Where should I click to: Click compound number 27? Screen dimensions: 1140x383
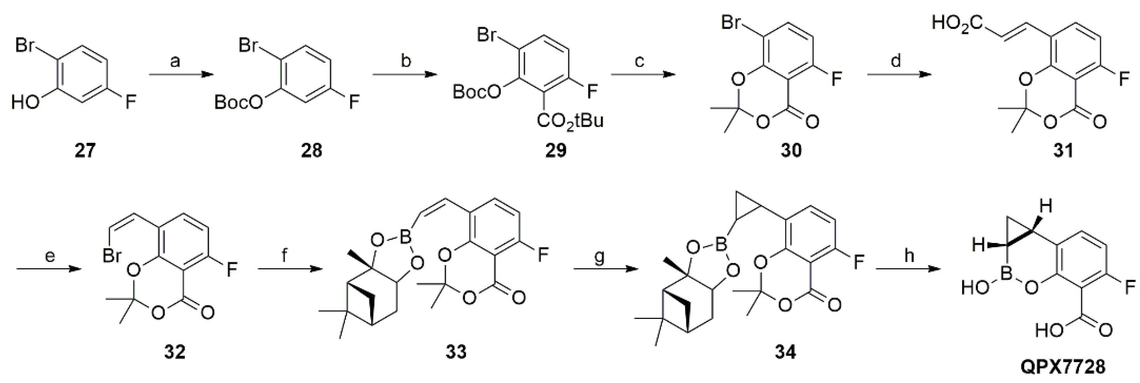coord(85,151)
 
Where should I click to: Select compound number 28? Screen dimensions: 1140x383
coord(312,151)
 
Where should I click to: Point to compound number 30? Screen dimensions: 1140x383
coord(790,151)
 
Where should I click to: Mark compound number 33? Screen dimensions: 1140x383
coord(456,352)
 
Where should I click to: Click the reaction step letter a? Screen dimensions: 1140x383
coord(175,61)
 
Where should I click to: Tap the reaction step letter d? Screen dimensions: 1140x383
coord(895,61)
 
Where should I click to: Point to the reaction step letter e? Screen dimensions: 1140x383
coord(50,256)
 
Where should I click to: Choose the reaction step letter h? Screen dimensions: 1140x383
coord(909,256)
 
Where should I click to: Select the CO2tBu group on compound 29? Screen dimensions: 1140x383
coord(570,121)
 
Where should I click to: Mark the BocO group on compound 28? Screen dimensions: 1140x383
coord(238,103)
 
